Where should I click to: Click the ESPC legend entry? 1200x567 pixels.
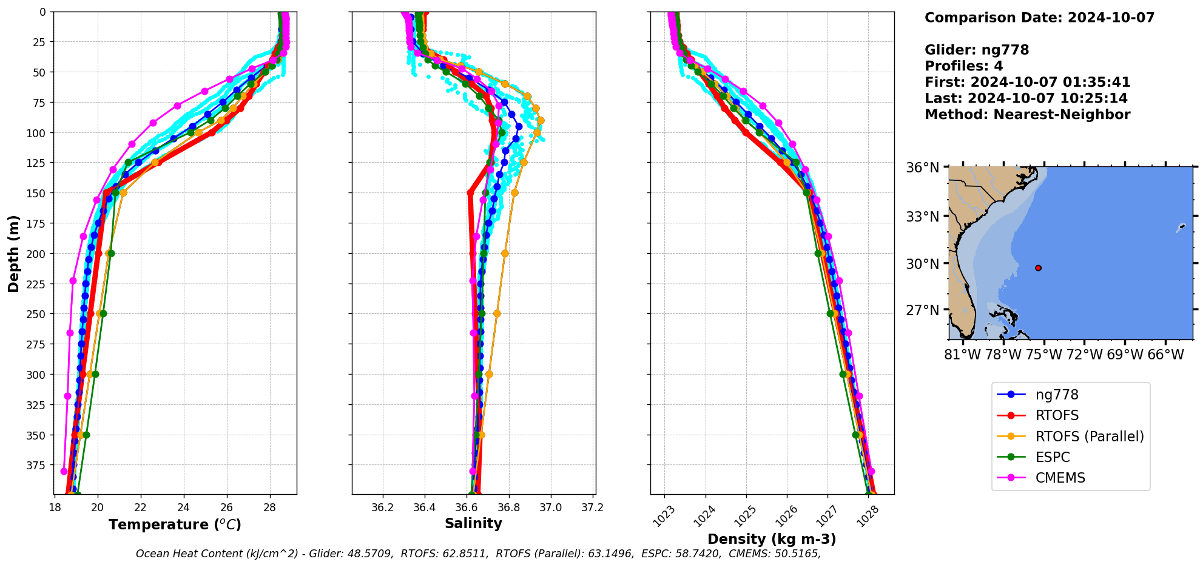tap(1052, 457)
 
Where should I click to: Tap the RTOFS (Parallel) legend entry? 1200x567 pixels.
tap(1089, 436)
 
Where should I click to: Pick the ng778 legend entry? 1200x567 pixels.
tap(1057, 395)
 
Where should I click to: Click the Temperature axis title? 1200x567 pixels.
tap(175, 525)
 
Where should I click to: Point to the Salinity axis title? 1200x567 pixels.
tap(473, 524)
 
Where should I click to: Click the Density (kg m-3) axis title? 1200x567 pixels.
tap(772, 539)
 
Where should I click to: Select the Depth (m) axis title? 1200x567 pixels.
tap(14, 253)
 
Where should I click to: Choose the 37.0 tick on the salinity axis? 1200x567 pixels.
tap(550, 508)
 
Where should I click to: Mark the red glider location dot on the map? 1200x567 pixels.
tap(1038, 268)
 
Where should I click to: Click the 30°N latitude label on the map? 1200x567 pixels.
tap(922, 264)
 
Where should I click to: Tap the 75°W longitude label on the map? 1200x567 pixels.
tap(1044, 355)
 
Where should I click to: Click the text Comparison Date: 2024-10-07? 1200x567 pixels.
tap(1039, 18)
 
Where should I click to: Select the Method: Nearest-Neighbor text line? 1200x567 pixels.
tap(1027, 115)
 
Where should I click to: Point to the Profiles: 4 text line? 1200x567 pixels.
tap(963, 66)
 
